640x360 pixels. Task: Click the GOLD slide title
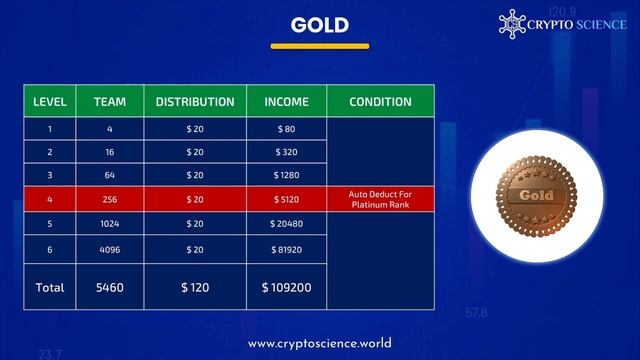[320, 25]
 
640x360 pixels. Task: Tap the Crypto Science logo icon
[512, 23]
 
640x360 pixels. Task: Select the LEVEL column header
[50, 102]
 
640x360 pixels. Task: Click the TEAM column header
[110, 102]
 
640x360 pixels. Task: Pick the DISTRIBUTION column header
[195, 102]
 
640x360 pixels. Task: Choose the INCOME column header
[286, 102]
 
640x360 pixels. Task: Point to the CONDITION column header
[381, 102]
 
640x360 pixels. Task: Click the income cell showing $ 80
[286, 128]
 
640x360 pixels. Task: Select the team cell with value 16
[110, 152]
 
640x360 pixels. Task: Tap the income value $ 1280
[286, 176]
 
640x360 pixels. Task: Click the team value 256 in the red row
[110, 199]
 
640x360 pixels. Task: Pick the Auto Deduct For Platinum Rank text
[381, 199]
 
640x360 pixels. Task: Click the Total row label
[50, 287]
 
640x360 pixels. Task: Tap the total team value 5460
[110, 287]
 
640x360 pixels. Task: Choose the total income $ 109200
[286, 287]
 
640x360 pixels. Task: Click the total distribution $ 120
[195, 287]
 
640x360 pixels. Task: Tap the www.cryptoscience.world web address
[320, 343]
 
